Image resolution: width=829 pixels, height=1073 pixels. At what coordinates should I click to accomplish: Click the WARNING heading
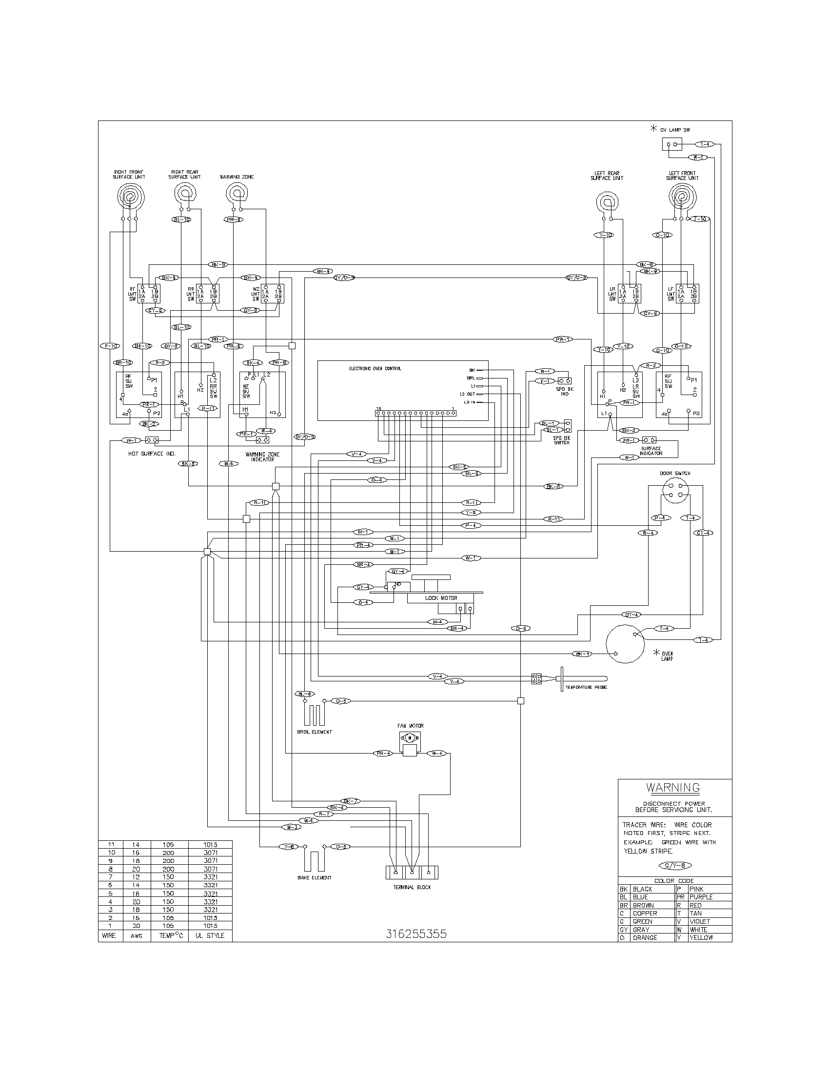pyautogui.click(x=673, y=788)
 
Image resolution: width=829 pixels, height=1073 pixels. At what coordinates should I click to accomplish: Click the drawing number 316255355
pyautogui.click(x=416, y=934)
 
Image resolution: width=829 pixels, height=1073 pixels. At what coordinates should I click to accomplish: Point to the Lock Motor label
pyautogui.click(x=441, y=598)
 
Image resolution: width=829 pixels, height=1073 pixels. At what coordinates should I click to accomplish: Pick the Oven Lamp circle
pyautogui.click(x=625, y=644)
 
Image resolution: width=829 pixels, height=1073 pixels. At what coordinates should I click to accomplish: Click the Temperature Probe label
pyautogui.click(x=586, y=687)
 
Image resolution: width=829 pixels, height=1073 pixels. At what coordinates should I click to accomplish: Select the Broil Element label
pyautogui.click(x=315, y=732)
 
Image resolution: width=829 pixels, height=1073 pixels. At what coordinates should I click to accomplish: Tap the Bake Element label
pyautogui.click(x=315, y=877)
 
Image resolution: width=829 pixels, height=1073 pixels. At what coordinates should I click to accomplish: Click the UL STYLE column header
pyautogui.click(x=210, y=935)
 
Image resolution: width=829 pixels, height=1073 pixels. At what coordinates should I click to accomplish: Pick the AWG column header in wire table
pyautogui.click(x=136, y=935)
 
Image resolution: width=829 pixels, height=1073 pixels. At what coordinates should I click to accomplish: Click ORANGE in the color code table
pyautogui.click(x=644, y=937)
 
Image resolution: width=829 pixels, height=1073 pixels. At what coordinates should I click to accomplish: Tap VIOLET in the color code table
pyautogui.click(x=699, y=921)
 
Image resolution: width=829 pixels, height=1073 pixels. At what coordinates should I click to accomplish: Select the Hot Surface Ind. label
pyautogui.click(x=152, y=454)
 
